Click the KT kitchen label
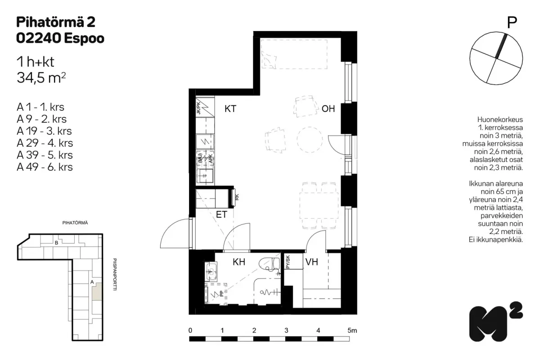point(230,109)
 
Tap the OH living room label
point(328,109)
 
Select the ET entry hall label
point(221,214)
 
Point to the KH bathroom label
point(239,262)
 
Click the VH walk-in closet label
point(311,262)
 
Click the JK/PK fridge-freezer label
point(198,108)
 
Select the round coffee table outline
point(310,139)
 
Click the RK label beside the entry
point(237,197)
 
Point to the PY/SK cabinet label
point(288,262)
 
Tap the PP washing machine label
point(222,294)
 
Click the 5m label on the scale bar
point(352,331)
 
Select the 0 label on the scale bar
point(190,331)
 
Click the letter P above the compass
point(512,22)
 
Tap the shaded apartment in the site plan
point(97,292)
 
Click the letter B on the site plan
point(56,243)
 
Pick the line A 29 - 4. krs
point(45,143)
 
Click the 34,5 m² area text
point(41,78)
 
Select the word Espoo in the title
point(84,38)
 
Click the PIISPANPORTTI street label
point(115,274)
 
